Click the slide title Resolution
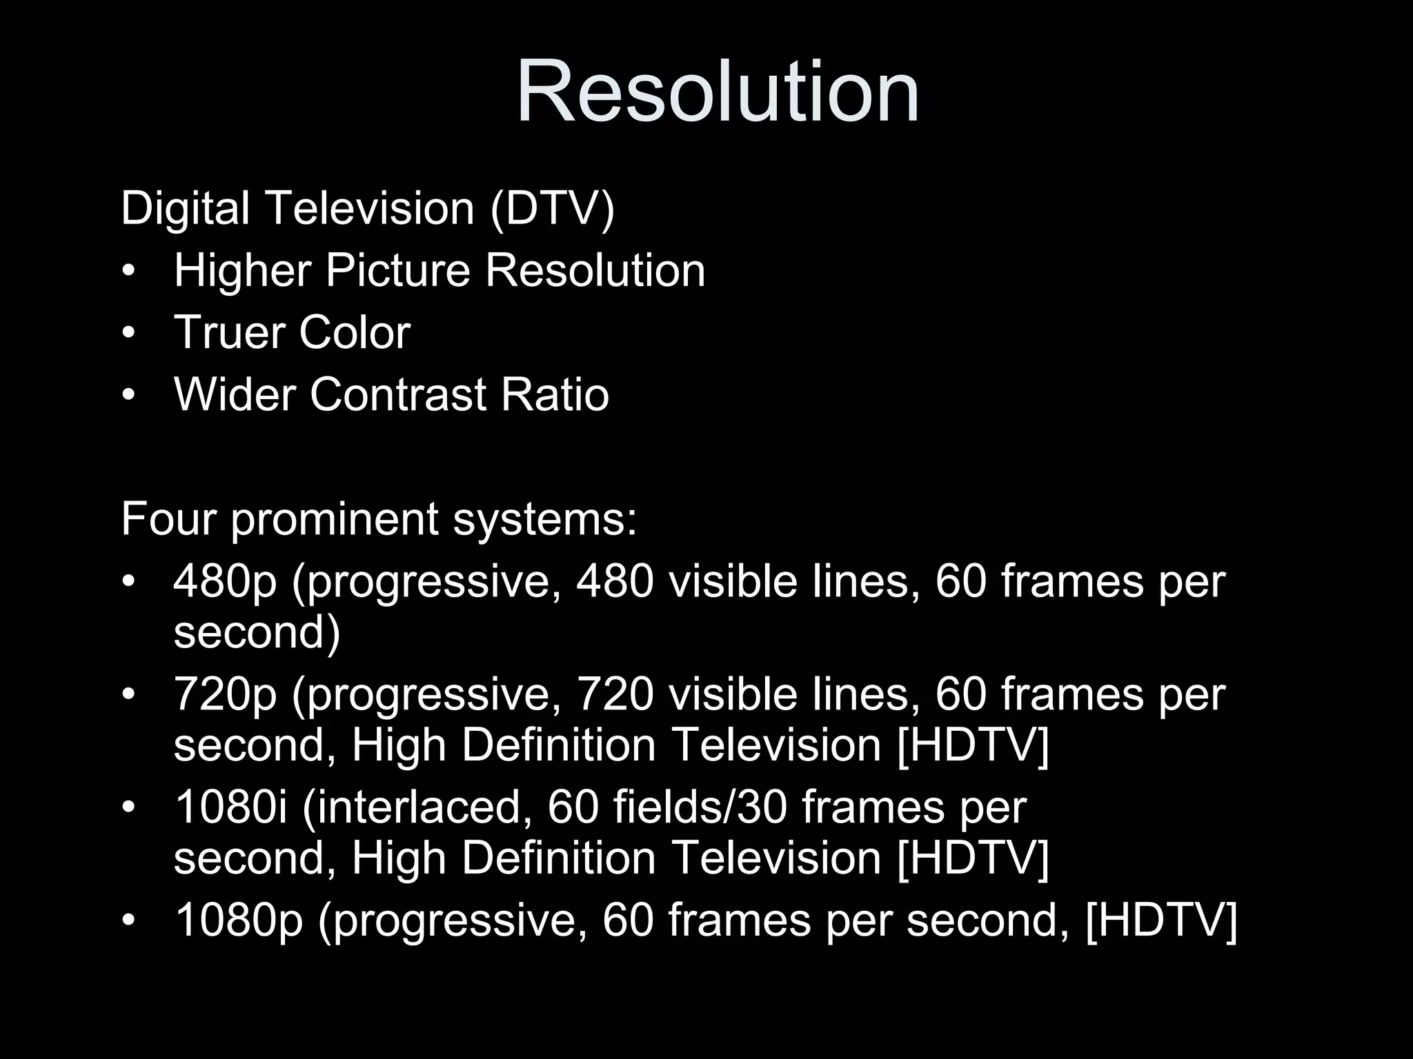[718, 92]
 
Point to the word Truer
[228, 332]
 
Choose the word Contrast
[398, 394]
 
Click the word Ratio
[555, 394]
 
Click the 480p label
[225, 582]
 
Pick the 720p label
[225, 695]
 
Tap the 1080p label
[239, 920]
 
